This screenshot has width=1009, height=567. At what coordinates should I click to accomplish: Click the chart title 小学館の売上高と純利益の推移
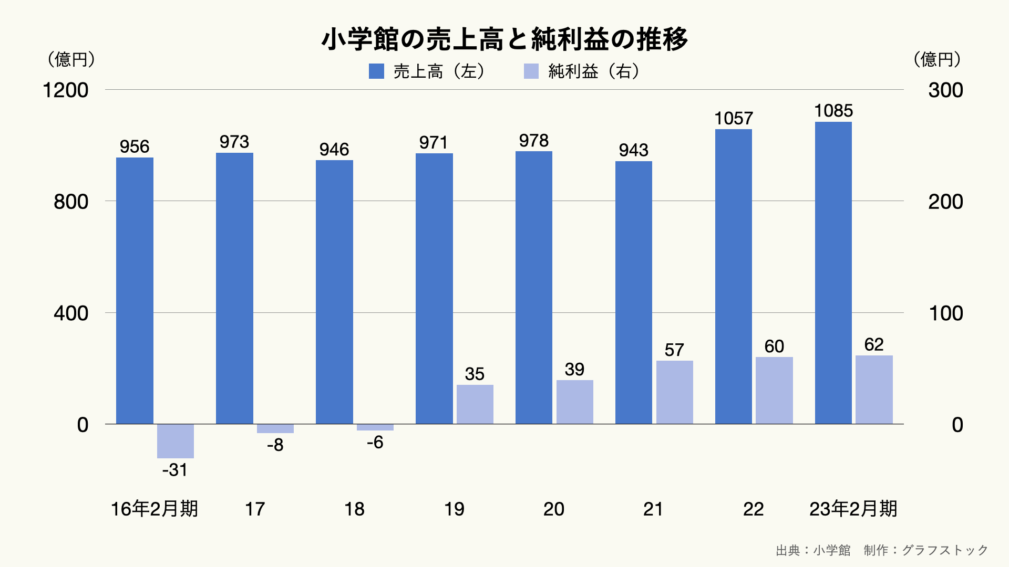504,39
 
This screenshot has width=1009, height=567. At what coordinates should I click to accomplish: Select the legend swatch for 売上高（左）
376,71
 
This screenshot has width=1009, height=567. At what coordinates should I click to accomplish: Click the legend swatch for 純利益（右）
531,71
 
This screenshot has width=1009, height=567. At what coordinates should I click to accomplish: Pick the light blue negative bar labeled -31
176,441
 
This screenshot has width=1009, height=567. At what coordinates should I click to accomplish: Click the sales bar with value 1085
833,273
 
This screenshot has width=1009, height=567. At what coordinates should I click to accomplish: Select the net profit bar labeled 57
674,392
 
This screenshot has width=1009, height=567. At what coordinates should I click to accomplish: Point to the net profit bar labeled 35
475,404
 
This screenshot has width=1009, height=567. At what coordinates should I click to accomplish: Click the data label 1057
734,119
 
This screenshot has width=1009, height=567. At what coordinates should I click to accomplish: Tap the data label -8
275,445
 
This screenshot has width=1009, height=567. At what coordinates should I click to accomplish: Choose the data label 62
874,344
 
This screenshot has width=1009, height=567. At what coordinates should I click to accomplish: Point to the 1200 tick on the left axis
66,90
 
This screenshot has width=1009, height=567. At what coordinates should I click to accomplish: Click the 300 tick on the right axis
945,90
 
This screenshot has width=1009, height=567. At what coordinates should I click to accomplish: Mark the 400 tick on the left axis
71,313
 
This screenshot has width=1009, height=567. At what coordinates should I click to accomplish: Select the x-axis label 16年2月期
154,509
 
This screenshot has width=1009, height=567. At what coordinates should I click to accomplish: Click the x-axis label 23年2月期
853,509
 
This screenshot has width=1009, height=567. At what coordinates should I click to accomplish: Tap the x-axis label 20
553,509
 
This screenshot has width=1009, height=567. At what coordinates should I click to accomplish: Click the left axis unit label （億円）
71,59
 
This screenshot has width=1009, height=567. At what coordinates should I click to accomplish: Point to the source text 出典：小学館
813,550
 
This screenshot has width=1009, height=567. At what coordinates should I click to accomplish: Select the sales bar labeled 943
634,292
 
